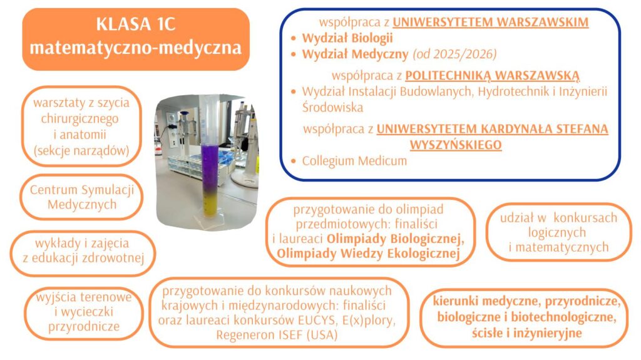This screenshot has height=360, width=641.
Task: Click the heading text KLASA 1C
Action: [x=136, y=24]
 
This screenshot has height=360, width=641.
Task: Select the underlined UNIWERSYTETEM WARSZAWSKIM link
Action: [x=491, y=22]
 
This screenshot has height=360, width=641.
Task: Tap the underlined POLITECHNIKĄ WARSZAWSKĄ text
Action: [x=492, y=75]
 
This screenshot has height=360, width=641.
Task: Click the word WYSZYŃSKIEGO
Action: [x=456, y=145]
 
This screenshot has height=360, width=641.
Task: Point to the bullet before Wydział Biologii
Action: [x=293, y=38]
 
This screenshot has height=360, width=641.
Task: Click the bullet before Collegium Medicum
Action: [x=293, y=161]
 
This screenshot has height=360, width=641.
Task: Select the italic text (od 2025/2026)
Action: [x=454, y=54]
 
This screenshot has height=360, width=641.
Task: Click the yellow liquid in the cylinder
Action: [x=211, y=203]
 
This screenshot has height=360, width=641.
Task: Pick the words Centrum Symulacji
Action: [x=82, y=190]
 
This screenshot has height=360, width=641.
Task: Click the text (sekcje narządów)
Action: [x=81, y=150]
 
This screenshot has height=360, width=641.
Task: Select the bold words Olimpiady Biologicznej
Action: [x=396, y=238]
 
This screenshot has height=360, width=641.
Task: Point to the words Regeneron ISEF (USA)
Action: [x=277, y=335]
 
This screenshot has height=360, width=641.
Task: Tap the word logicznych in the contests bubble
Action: [x=556, y=232]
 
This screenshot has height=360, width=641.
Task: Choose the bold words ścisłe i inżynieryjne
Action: [x=526, y=333]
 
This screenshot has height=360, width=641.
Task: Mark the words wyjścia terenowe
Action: [x=84, y=297]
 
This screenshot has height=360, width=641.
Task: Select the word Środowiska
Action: [x=332, y=107]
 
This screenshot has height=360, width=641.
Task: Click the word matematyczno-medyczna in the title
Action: [x=136, y=48]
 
